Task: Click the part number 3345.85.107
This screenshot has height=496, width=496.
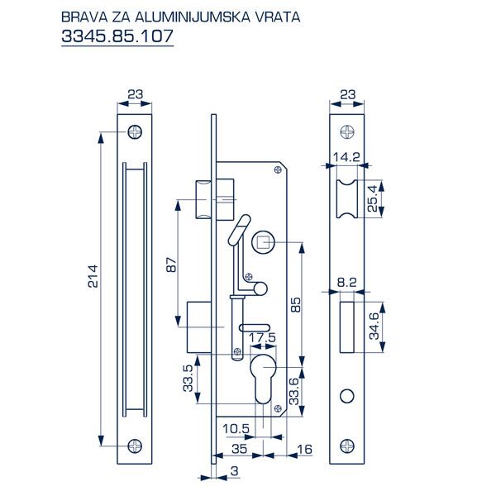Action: (x=117, y=38)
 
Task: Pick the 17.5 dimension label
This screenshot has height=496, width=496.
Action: (x=263, y=338)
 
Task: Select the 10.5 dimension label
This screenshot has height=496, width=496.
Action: (x=236, y=427)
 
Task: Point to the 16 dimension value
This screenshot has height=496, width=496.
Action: (x=303, y=448)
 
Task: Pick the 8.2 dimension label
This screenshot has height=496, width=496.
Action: (x=346, y=283)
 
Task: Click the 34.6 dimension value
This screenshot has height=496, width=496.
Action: (x=373, y=327)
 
